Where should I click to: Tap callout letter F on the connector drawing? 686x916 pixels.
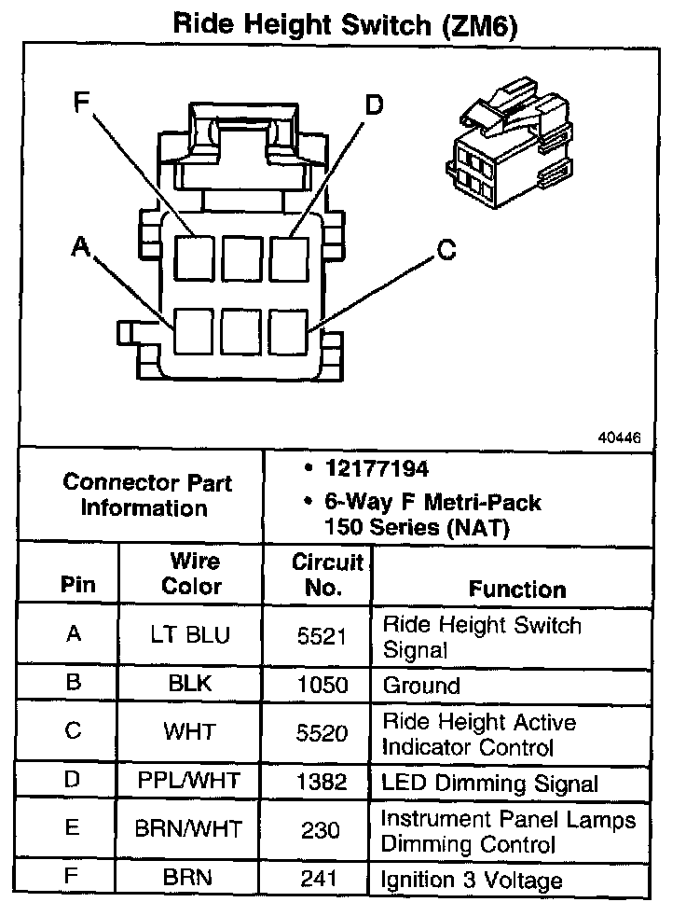83,104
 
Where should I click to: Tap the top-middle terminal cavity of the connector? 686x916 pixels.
241,255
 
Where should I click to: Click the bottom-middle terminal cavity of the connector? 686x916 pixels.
241,330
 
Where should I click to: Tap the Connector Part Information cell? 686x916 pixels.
147,495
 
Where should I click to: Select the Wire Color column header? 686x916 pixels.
192,574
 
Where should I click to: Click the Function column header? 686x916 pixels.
516,589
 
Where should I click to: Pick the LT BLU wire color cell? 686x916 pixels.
190,635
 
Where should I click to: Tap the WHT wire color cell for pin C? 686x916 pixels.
189,731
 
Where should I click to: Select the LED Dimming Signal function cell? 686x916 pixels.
489,784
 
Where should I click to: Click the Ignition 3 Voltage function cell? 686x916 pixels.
473,880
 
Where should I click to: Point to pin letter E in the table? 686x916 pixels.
73,828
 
